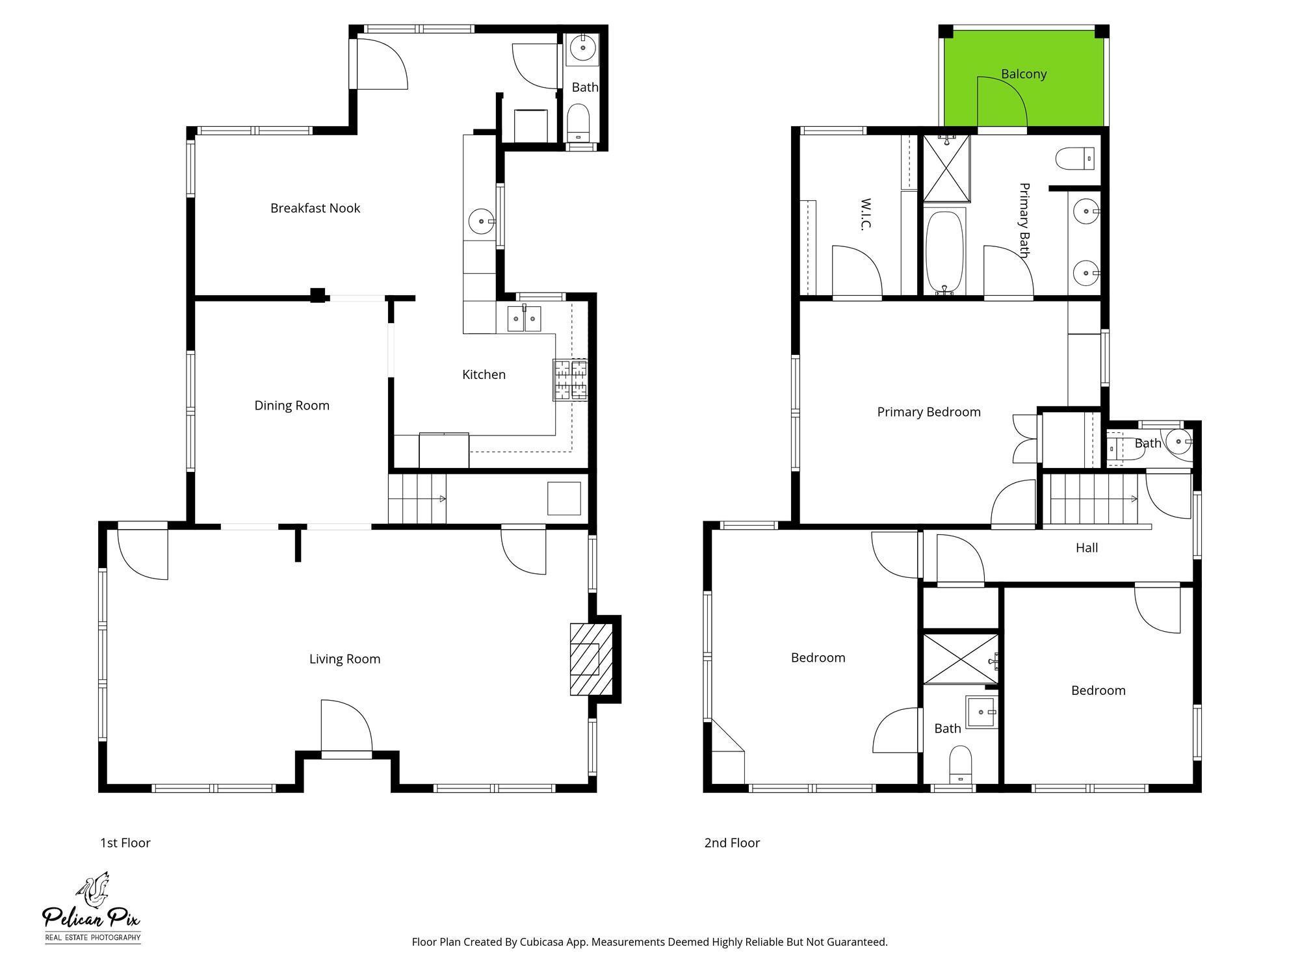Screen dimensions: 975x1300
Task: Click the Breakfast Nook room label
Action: (315, 208)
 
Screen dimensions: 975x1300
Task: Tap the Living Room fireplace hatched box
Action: (591, 659)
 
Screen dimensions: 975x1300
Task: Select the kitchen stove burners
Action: (570, 380)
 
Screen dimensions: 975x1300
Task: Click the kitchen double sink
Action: (524, 318)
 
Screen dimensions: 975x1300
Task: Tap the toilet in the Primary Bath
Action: (1074, 159)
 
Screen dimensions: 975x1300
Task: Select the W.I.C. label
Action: (866, 214)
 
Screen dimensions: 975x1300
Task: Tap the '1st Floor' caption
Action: (125, 843)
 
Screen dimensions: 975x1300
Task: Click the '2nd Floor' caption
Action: (732, 843)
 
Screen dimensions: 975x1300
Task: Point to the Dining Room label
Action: (292, 406)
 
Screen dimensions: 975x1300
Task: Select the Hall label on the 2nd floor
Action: (1087, 548)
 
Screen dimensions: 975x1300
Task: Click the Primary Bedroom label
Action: (929, 412)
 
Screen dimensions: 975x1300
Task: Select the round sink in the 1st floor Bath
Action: (582, 47)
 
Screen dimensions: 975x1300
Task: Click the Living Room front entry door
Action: (346, 728)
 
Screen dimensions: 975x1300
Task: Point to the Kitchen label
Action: (484, 374)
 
